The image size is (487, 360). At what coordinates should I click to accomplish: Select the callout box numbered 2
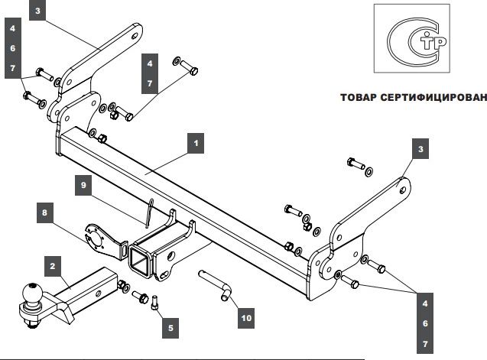52,267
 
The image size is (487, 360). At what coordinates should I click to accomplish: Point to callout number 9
85,184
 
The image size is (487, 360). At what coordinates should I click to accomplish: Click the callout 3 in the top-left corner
40,11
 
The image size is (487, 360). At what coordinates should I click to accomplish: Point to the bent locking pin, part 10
217,284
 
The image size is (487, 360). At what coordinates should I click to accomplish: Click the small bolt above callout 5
157,300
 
